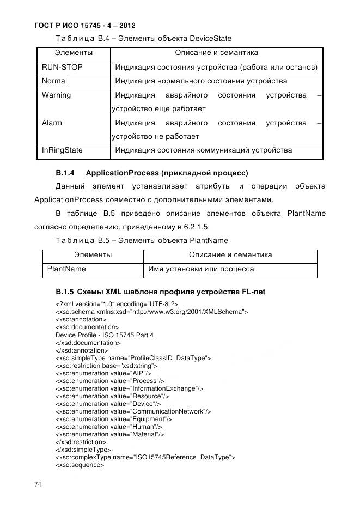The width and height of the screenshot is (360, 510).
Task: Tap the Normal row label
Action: tap(54, 81)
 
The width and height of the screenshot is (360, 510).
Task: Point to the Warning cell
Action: tap(56, 95)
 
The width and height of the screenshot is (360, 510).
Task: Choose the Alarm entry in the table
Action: tap(52, 123)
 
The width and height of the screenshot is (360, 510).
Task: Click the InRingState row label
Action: tap(63, 150)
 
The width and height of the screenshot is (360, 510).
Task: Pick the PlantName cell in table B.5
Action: tap(66, 269)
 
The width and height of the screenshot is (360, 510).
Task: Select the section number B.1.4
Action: tap(65, 173)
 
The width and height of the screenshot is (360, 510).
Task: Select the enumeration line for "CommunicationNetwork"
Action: tap(133, 411)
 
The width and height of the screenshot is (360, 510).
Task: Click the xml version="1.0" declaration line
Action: tap(117, 304)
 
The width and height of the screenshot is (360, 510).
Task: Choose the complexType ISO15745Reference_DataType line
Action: tap(145, 457)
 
